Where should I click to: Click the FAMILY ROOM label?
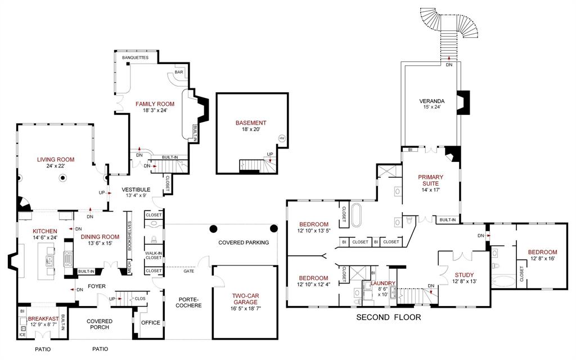(155, 104)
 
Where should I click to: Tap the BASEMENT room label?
(251, 123)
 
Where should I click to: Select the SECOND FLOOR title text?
(389, 317)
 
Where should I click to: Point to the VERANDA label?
(431, 101)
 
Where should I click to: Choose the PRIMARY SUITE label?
(431, 180)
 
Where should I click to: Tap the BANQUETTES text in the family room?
(135, 57)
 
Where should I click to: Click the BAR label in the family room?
(179, 73)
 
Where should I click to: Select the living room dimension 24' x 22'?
(56, 167)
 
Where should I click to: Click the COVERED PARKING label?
(244, 242)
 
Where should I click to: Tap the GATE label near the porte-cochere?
(188, 271)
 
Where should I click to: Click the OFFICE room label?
(151, 323)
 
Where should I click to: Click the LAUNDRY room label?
(382, 283)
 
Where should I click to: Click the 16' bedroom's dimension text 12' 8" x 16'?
(542, 259)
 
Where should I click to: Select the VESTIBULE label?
(136, 190)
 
